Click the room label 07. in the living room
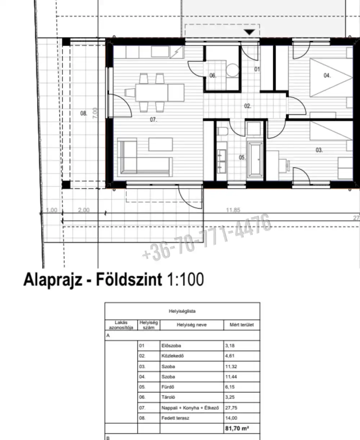point(153,120)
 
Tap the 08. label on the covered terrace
point(84,113)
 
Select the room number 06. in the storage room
point(213,76)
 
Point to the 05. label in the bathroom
point(242,157)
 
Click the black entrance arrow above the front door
point(249,32)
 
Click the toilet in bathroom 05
point(222,132)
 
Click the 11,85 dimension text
point(233,210)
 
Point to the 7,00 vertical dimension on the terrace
point(95,113)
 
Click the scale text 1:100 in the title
point(185,279)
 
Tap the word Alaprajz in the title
point(53,280)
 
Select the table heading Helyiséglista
point(182,311)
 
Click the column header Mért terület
point(242,325)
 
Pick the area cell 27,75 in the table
point(231,408)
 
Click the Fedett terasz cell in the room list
point(175,418)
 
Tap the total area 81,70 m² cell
point(237,428)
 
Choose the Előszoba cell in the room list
point(171,346)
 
